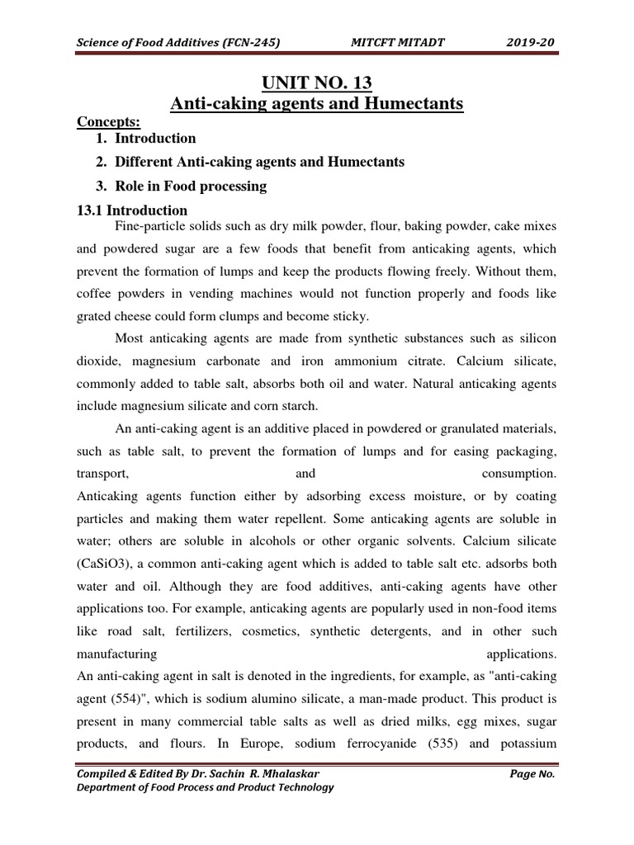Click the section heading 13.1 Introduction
[x=132, y=210]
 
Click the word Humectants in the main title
[x=419, y=103]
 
